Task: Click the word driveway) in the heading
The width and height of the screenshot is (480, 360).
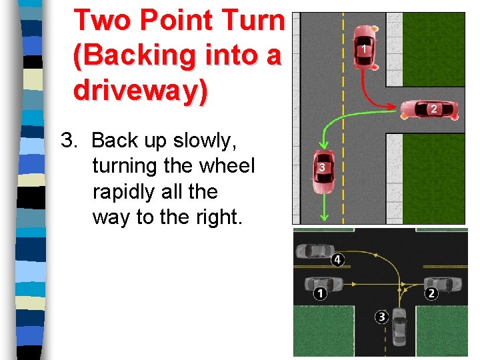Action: tap(141, 90)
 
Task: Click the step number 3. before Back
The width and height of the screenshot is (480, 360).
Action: tap(70, 141)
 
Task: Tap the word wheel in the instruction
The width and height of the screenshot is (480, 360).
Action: tap(226, 166)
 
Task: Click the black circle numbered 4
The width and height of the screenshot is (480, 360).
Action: tap(337, 259)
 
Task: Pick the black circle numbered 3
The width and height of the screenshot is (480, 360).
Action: tap(381, 317)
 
